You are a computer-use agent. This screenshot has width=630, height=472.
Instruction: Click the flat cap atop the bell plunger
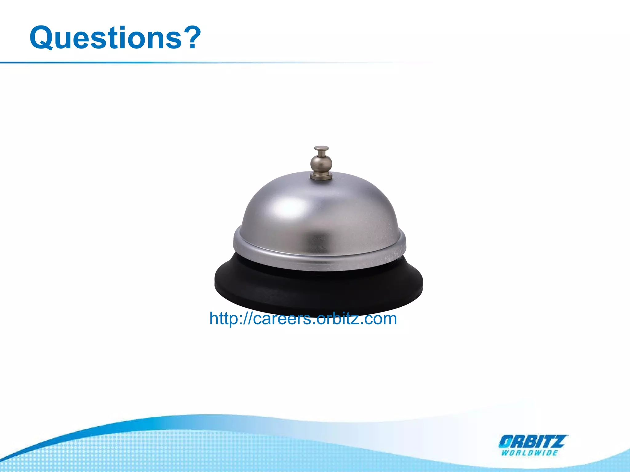click(321, 149)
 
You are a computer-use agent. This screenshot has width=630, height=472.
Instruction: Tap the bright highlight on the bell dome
click(289, 208)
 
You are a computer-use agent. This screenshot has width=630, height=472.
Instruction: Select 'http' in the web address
click(223, 318)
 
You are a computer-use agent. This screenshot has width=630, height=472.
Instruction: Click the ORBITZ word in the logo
click(533, 442)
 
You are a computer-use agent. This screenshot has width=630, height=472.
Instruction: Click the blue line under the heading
click(154, 62)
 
